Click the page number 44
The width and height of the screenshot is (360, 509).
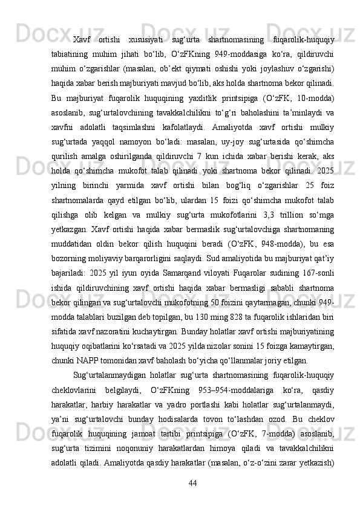click(x=193, y=483)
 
